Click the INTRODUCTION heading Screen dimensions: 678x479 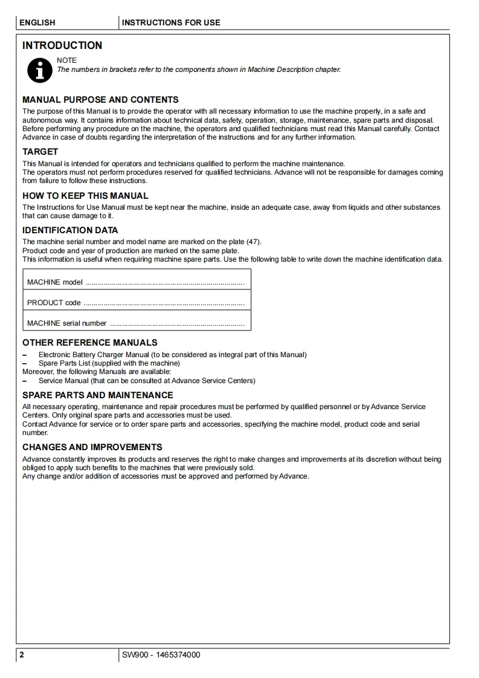point(62,45)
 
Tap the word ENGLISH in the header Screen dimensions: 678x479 point(37,22)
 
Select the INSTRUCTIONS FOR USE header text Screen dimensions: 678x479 point(171,22)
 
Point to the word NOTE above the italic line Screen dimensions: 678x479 point(66,60)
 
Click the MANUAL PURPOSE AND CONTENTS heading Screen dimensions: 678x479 point(100,100)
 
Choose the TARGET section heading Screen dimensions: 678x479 point(40,152)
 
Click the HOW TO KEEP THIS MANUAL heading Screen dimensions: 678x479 point(85,196)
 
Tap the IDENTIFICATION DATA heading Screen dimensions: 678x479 point(70,230)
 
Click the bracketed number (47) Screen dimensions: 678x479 point(254,242)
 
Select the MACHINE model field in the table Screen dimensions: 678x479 point(136,282)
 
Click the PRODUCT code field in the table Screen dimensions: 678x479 point(136,303)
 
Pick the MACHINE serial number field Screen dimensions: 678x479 point(136,323)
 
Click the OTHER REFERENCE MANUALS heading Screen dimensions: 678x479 point(90,343)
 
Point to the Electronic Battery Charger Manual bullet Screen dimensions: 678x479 point(172,355)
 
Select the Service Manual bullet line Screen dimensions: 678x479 point(147,381)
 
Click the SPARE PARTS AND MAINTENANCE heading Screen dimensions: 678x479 point(98,395)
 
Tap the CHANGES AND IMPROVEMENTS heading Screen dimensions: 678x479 point(92,447)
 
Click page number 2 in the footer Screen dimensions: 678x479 point(22,655)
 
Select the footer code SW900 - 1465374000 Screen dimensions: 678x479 point(161,655)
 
